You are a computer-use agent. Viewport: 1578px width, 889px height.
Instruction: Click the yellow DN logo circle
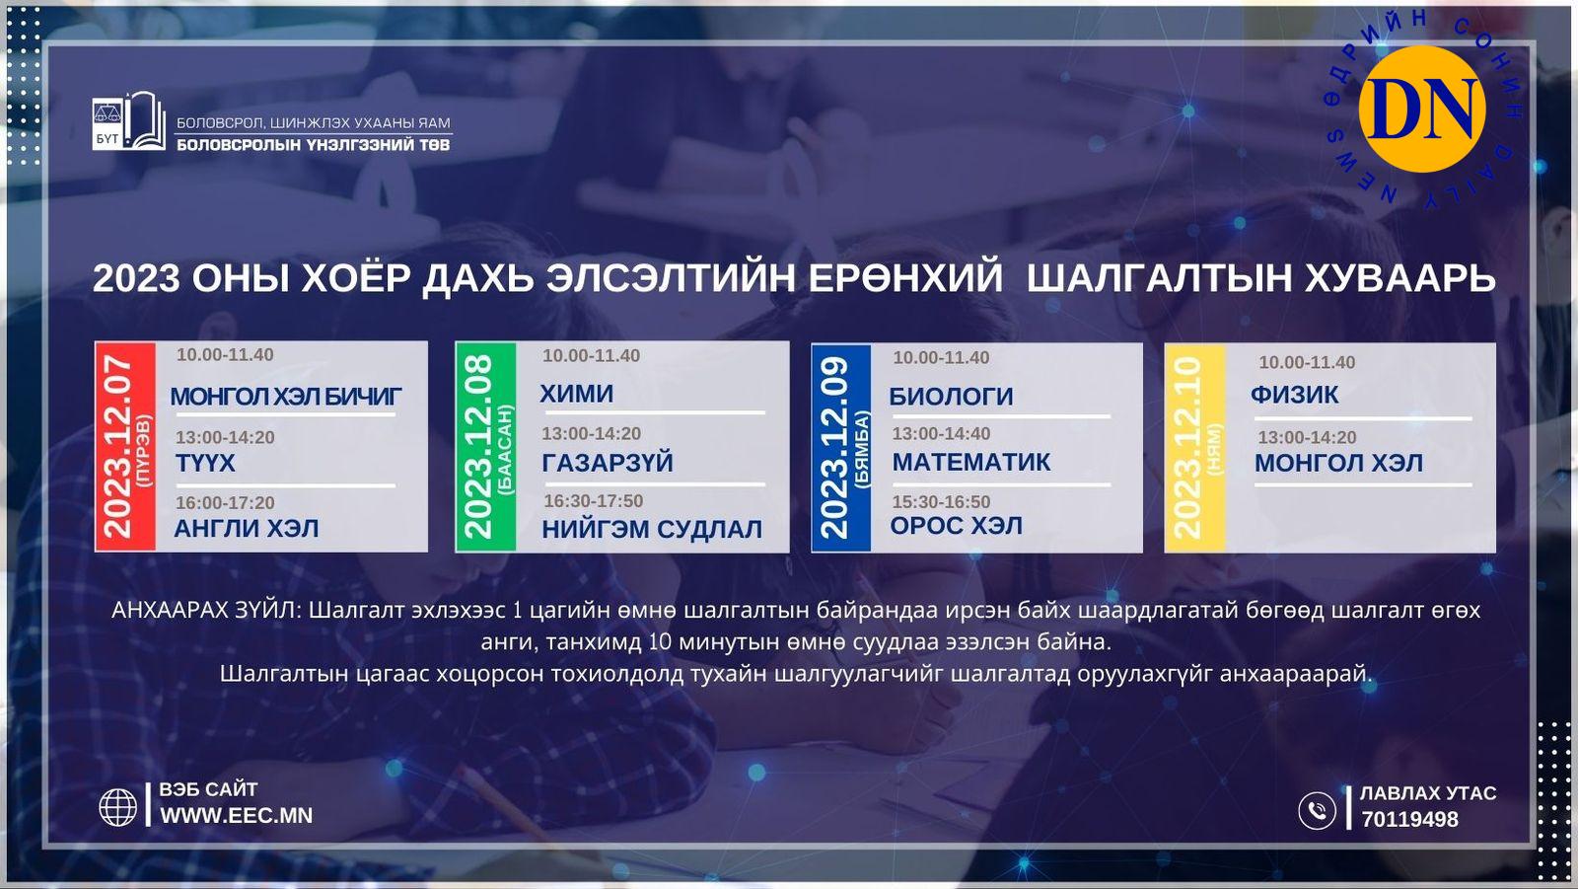pos(1421,110)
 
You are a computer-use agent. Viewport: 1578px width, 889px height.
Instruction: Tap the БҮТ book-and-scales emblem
pos(129,121)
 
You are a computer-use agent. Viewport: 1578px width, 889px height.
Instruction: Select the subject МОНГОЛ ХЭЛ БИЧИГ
pos(285,397)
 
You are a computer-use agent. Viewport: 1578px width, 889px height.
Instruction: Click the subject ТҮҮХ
pos(205,463)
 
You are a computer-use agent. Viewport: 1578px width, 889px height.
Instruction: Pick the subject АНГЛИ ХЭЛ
pos(246,528)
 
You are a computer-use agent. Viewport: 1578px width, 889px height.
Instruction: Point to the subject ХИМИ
pos(576,394)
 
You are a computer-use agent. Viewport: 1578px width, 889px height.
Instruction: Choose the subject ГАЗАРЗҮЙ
pos(608,463)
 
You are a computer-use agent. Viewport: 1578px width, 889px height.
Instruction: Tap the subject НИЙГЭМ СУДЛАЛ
pos(652,529)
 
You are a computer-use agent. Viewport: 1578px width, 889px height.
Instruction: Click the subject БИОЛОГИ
pos(951,397)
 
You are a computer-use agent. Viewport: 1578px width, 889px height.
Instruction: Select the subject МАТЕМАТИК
pos(970,462)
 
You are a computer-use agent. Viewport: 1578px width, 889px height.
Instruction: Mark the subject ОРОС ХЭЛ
pos(956,525)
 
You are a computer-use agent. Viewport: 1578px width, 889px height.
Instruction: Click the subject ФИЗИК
pos(1294,395)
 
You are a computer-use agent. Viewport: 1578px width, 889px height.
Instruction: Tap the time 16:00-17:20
pos(225,502)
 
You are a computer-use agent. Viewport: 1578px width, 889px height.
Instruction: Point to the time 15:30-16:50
pos(941,502)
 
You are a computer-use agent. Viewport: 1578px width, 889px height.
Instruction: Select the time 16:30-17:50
pos(593,500)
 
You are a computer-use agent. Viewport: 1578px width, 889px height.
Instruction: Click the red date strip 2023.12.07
pos(125,446)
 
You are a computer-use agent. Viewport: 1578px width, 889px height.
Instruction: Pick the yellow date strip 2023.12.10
pos(1194,448)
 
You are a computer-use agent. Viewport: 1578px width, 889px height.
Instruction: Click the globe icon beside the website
pos(117,807)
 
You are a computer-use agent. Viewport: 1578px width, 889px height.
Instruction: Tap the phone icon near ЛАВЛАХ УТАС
pos(1317,811)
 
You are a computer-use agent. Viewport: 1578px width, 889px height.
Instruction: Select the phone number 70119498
pos(1409,819)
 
